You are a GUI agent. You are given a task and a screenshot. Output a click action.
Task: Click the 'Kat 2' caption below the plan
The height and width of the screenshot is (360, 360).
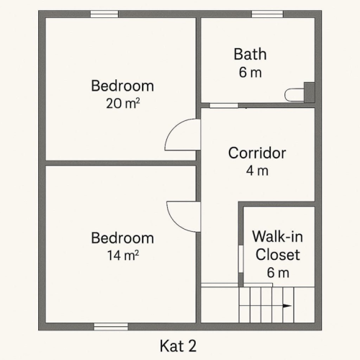(x=179, y=346)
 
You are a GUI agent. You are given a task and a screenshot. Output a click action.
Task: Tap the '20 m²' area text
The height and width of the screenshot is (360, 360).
(x=122, y=103)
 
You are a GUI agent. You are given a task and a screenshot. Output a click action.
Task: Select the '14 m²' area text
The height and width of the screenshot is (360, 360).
(x=122, y=255)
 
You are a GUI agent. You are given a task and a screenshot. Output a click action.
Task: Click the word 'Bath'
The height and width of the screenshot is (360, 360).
(x=250, y=54)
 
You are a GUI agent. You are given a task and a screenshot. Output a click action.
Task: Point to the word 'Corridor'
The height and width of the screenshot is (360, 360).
(x=257, y=153)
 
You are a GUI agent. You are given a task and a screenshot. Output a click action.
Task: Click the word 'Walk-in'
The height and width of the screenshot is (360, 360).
(x=277, y=236)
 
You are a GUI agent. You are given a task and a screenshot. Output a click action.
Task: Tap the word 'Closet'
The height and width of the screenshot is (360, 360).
(x=277, y=254)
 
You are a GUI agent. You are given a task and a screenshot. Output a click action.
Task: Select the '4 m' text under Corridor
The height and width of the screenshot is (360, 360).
(x=257, y=171)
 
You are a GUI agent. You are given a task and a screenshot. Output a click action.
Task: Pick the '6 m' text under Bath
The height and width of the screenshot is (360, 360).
(x=250, y=73)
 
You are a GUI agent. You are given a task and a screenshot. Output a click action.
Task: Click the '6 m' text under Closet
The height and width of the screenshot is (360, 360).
(x=277, y=273)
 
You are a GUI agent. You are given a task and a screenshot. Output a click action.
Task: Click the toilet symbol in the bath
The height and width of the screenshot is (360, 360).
(x=294, y=94)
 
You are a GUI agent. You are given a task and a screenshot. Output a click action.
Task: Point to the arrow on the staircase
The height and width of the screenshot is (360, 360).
(x=287, y=305)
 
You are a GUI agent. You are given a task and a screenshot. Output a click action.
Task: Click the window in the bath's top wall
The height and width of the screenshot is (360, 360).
(x=267, y=14)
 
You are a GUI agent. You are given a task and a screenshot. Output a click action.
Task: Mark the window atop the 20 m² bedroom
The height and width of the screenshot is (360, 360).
(x=104, y=14)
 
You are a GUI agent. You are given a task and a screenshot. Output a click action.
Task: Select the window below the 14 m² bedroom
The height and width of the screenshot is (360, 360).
(x=111, y=326)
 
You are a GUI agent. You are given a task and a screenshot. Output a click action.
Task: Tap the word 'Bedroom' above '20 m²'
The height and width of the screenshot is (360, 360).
(x=122, y=86)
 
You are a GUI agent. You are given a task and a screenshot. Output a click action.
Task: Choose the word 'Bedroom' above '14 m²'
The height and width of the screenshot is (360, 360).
(x=122, y=238)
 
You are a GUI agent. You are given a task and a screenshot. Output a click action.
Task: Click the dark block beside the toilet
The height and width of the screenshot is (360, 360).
(x=310, y=91)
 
